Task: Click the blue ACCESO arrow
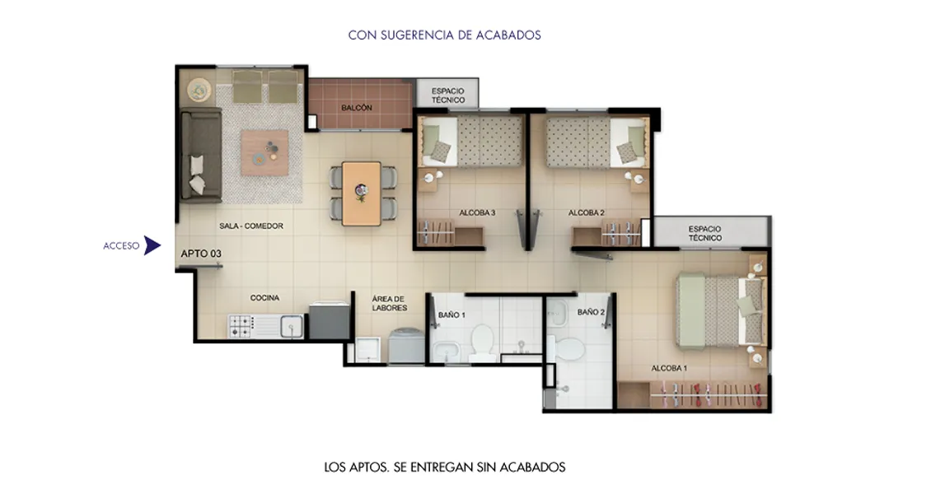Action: (152, 245)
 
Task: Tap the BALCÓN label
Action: (356, 108)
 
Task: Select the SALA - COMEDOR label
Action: (251, 226)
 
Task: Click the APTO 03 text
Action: (201, 254)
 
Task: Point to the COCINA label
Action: (264, 298)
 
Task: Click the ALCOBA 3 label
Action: (477, 213)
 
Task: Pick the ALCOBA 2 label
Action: (587, 213)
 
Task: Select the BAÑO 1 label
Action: (451, 315)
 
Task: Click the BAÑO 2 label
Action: (591, 313)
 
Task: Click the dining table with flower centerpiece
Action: (362, 193)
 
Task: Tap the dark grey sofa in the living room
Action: (199, 156)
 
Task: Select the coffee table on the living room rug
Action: (264, 152)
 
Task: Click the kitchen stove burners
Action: (241, 327)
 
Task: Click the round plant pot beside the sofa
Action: (199, 88)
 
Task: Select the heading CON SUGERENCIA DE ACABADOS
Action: (444, 35)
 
